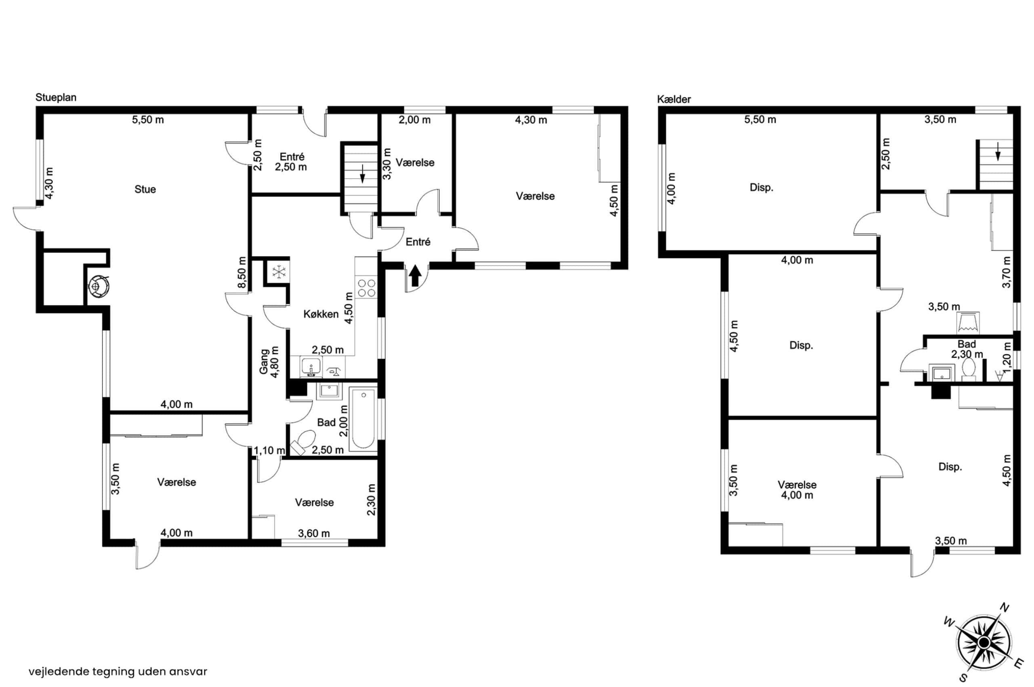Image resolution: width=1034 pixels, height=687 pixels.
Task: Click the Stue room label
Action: click(145, 189)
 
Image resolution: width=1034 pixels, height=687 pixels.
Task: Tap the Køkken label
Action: click(321, 314)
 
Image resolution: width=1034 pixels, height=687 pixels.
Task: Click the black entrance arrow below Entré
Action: click(415, 276)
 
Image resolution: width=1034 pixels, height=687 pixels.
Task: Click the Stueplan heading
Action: click(56, 97)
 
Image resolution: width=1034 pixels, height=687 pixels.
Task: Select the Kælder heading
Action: click(674, 99)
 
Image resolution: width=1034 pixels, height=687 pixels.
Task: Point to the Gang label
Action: click(264, 361)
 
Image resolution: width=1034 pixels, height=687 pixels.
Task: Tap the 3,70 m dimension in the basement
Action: click(1007, 272)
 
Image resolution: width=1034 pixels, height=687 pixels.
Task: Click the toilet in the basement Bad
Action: click(968, 369)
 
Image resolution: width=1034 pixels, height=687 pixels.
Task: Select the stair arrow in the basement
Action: click(998, 152)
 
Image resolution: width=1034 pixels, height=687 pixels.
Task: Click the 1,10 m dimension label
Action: click(269, 451)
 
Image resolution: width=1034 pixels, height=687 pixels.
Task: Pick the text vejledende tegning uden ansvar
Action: click(118, 671)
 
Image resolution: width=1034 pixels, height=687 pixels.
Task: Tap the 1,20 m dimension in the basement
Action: click(1007, 357)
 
